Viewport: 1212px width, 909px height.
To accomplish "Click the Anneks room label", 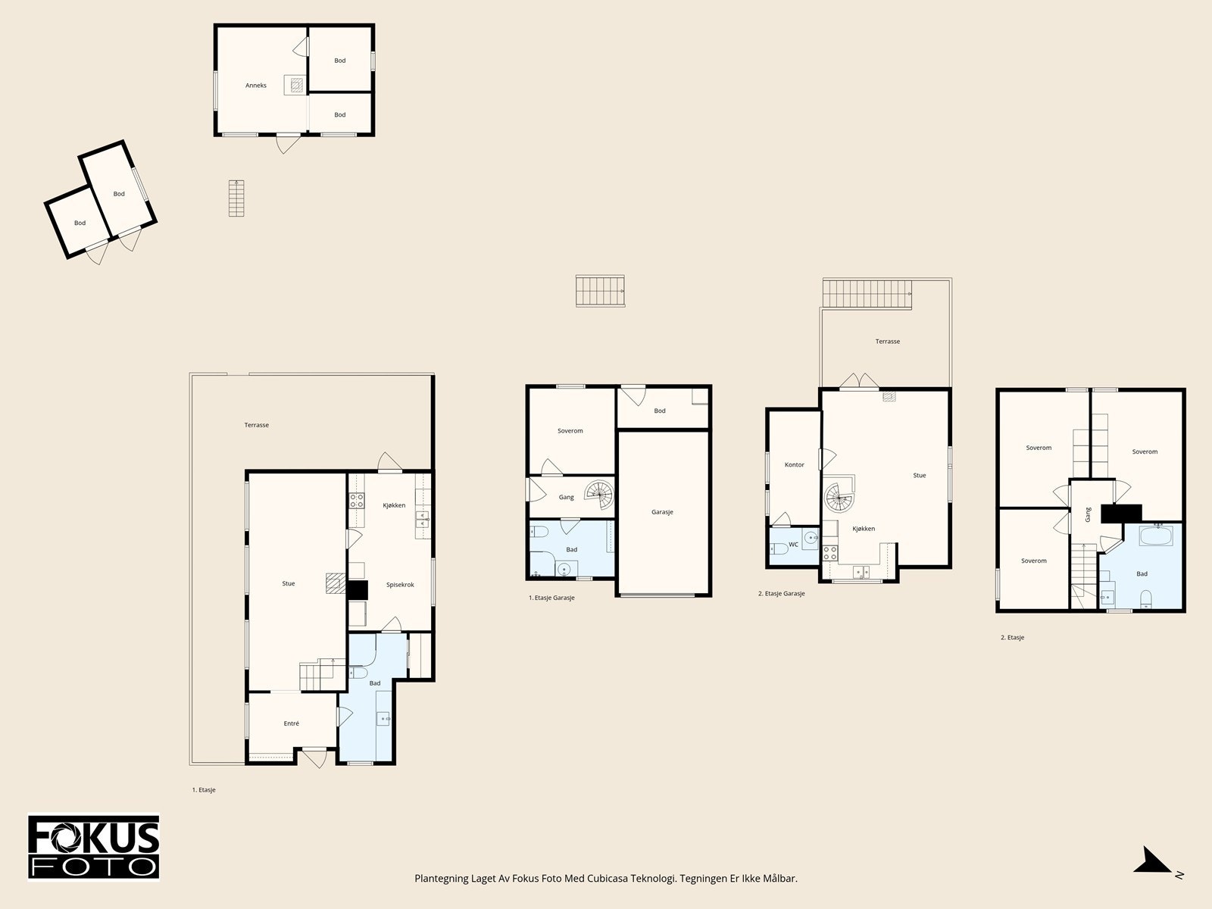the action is pos(255,86).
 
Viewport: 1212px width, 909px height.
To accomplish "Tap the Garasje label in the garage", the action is pos(662,512).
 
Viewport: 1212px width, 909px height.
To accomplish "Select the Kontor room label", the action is pos(794,464).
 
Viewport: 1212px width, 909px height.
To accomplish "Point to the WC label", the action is pos(793,545).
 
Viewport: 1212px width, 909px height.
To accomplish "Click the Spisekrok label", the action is pos(400,585).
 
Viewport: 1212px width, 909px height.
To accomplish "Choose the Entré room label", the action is pos(291,723).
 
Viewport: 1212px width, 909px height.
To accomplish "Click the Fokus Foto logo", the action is pos(93,847).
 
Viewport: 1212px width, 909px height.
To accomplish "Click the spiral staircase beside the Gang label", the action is pos(599,495).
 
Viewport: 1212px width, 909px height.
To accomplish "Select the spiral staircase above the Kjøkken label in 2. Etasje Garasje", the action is pos(839,495).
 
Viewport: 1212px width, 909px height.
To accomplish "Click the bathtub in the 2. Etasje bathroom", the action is pos(1156,536).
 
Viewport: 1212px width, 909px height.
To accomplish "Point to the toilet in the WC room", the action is pos(779,548).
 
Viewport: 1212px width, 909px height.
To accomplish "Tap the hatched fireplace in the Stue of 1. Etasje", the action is pos(336,583).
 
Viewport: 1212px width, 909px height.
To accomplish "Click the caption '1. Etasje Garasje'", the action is pos(551,598).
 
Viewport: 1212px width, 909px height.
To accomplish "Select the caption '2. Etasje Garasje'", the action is pos(781,594).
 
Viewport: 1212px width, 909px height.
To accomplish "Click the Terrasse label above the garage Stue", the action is pos(887,342).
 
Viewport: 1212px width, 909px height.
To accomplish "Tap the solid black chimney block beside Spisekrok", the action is pos(358,589).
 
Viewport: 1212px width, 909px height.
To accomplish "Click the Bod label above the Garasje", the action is pos(660,411).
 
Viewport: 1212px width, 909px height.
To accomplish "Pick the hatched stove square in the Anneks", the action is pos(296,84).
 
